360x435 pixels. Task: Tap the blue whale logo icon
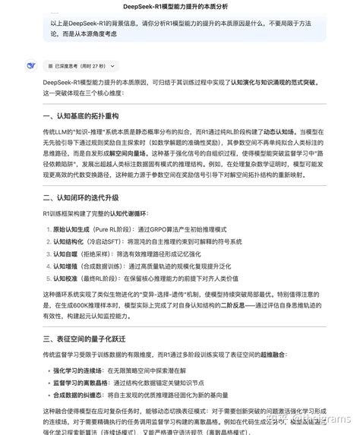[30, 66]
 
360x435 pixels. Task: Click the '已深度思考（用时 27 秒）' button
[76, 66]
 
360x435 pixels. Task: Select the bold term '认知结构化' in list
[68, 241]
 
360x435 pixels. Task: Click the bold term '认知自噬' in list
[64, 254]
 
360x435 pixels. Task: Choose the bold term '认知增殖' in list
[64, 267]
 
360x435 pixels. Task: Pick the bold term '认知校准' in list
[64, 280]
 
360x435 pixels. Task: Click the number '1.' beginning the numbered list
[46, 229]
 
